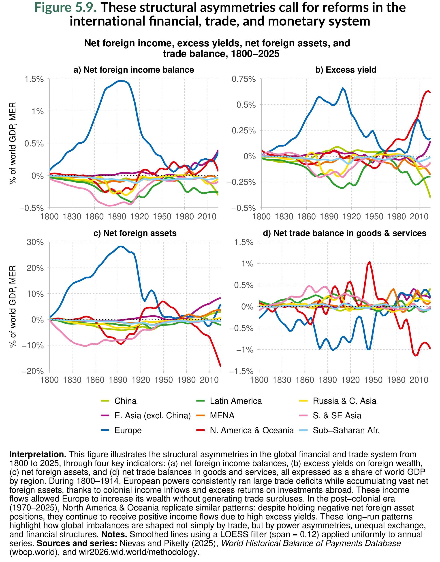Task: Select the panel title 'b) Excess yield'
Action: pos(346,70)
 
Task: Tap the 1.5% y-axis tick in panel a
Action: pos(34,79)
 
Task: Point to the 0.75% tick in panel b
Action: pos(243,79)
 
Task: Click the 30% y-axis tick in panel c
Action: pos(35,242)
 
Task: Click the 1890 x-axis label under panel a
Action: pos(117,216)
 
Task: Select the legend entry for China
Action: pos(125,401)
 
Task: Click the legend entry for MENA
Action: pos(222,415)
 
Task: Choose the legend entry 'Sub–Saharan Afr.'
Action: pos(346,430)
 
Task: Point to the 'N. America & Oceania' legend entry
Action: pos(252,430)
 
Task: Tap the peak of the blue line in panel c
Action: pos(120,246)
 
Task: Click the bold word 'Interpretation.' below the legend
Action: pos(38,454)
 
